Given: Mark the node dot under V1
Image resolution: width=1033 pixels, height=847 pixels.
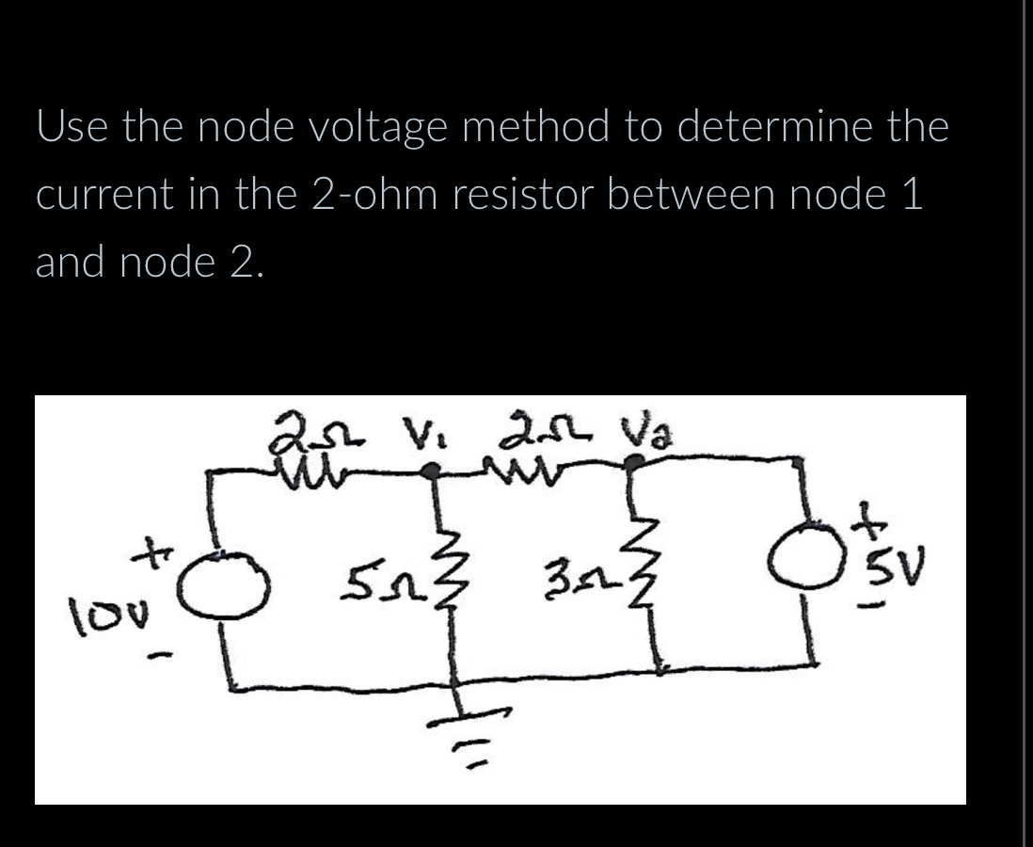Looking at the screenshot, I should click(x=432, y=475).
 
